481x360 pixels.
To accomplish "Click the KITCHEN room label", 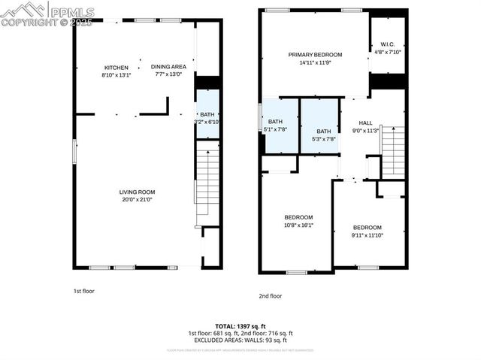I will pos(116,67).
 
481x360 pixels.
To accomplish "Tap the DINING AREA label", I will pos(168,67).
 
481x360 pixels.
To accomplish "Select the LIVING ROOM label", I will pos(137,192).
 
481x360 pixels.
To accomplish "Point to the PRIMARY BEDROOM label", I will pos(316,55).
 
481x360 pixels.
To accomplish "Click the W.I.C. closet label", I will pos(387,44).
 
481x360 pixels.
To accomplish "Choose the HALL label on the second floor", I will pos(365,123).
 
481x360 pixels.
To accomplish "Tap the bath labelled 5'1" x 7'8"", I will pos(276,122).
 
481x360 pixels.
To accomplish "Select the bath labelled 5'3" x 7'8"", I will pos(323,131).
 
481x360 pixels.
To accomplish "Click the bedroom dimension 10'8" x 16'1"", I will pos(298,225).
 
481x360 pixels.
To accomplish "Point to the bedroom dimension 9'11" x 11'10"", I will pos(368,235).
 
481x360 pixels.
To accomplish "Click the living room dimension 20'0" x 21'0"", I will pos(137,200).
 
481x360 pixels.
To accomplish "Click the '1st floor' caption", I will pos(83,290).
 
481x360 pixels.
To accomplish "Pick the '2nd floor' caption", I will pos(270,296).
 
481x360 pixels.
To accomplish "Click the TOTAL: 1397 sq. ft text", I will pos(240,325).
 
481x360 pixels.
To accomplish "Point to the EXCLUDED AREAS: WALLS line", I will pos(240,340).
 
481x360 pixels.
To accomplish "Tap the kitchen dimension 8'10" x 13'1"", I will pos(116,75).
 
